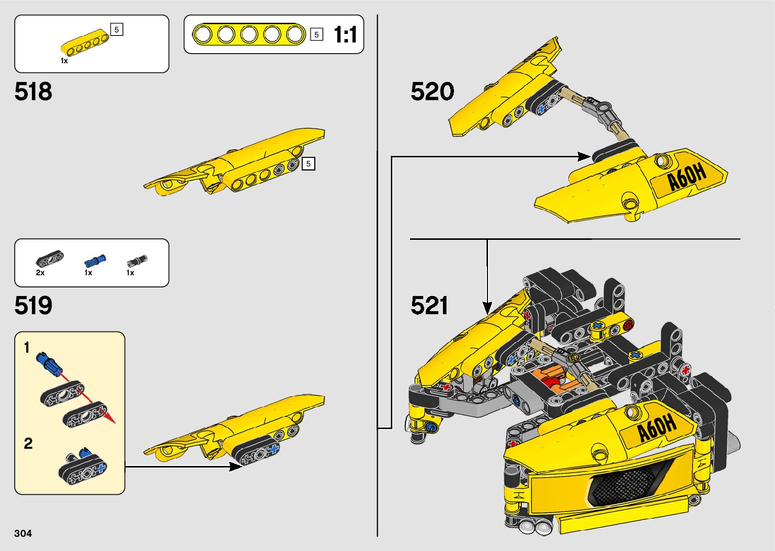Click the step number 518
tap(33, 92)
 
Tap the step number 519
tap(33, 306)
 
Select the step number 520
tap(432, 92)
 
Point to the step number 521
tap(429, 306)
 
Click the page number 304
tap(23, 533)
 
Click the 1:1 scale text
tap(345, 35)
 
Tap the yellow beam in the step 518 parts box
tap(85, 43)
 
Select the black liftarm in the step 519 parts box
tap(50, 260)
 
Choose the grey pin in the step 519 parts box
tap(137, 261)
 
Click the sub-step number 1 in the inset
tap(27, 348)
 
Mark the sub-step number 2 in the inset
tap(28, 443)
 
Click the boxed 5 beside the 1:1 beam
tap(316, 34)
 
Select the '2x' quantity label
tap(40, 273)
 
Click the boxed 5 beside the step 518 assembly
tap(308, 163)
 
